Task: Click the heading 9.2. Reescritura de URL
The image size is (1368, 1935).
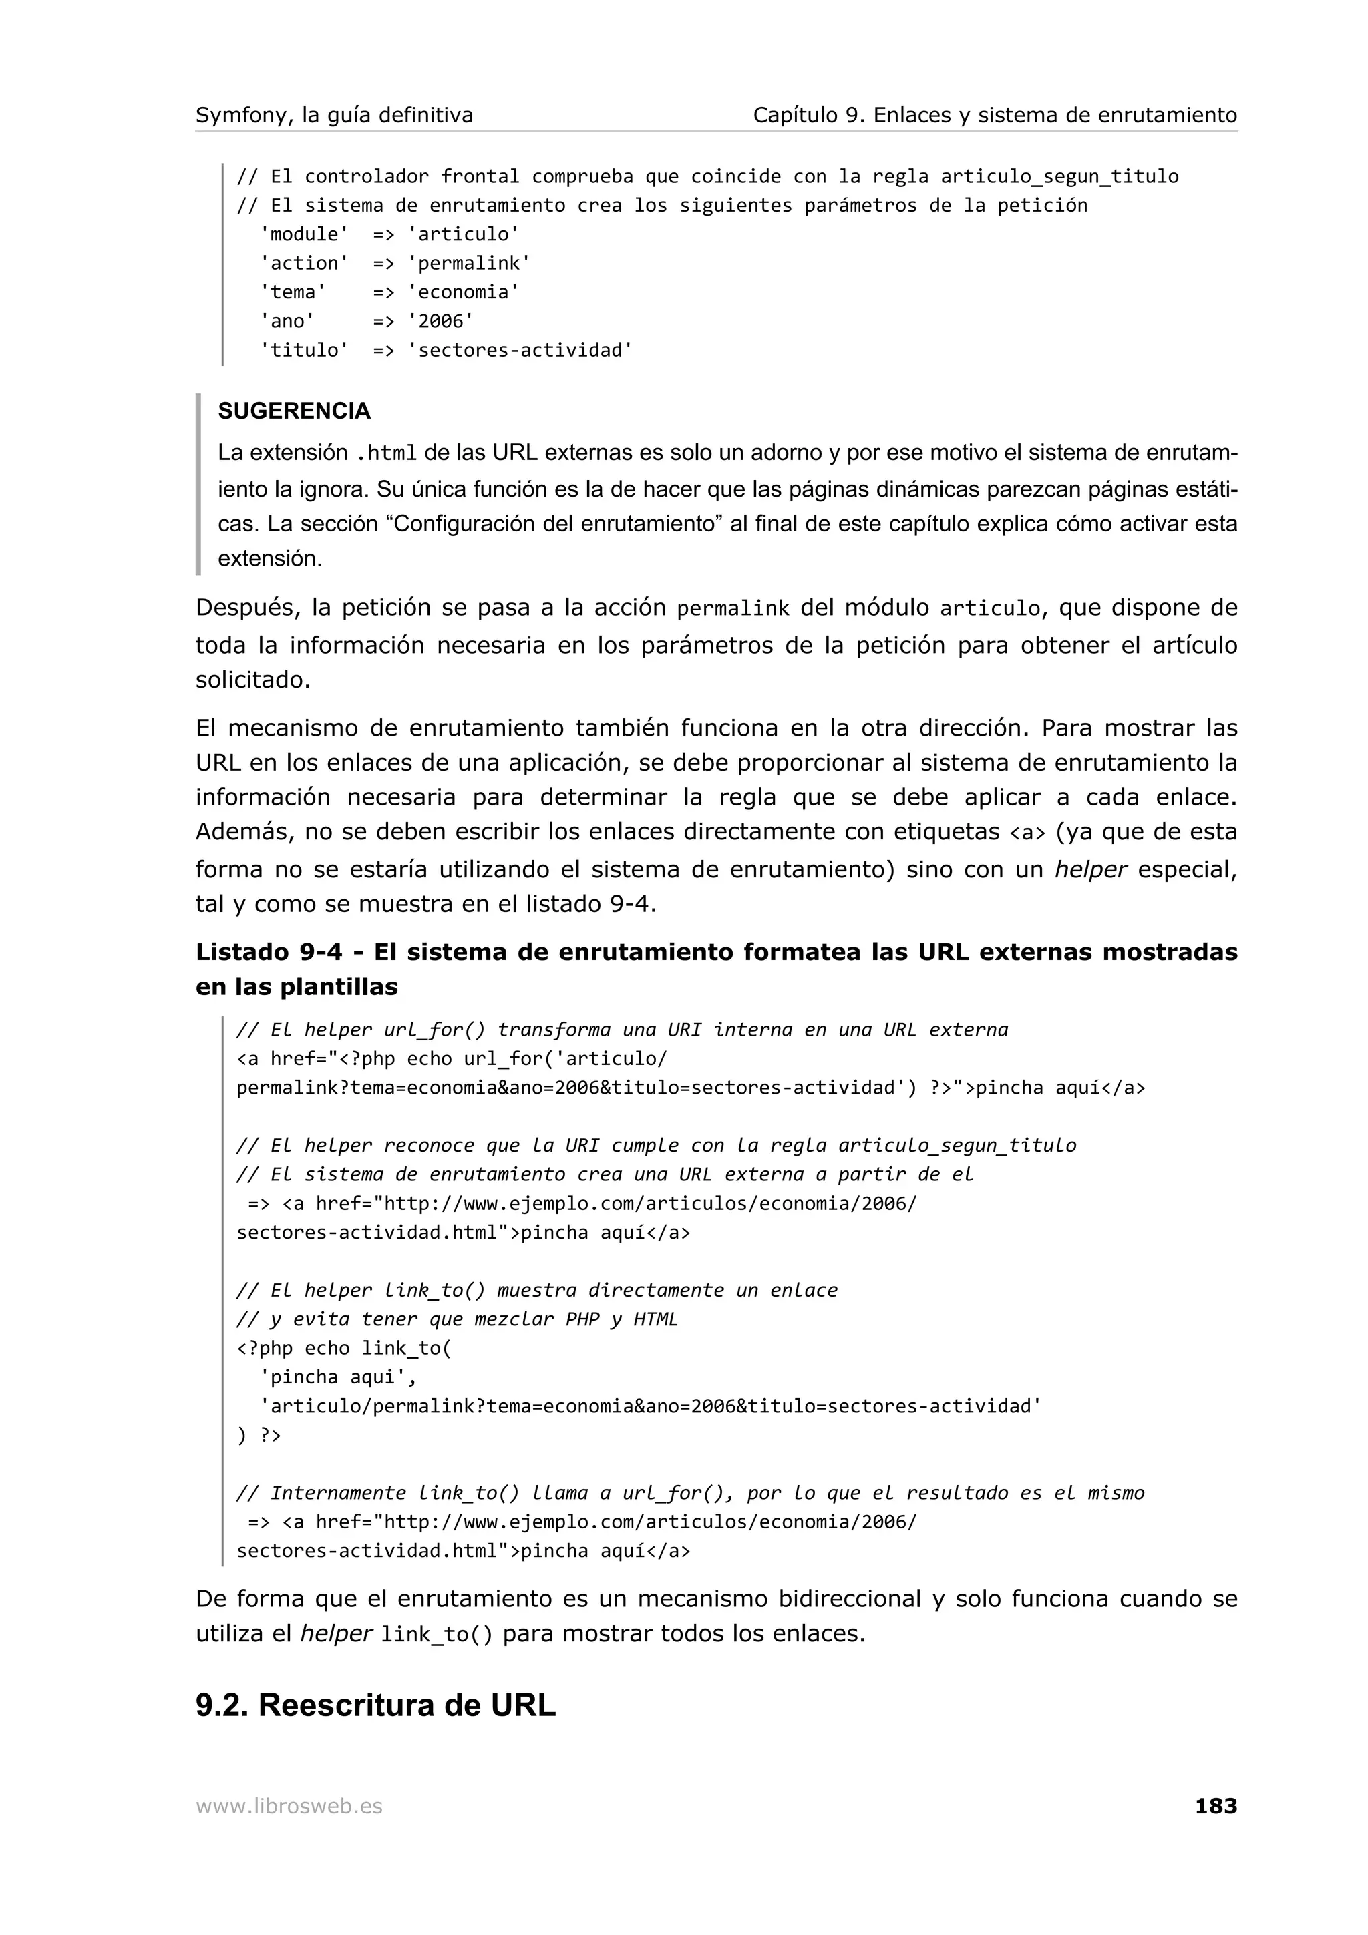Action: [375, 1704]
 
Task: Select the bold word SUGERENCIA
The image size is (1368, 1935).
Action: [294, 411]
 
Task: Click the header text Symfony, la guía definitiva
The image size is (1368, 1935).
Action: [334, 116]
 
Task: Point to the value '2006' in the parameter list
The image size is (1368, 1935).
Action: [441, 321]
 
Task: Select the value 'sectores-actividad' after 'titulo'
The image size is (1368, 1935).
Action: [520, 350]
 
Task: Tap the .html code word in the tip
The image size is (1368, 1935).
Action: [387, 454]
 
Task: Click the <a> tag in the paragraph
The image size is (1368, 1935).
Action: [1027, 833]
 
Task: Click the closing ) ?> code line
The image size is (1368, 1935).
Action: [259, 1434]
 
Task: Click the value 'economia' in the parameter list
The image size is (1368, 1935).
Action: [464, 292]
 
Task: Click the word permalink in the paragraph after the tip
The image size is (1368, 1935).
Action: [733, 608]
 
